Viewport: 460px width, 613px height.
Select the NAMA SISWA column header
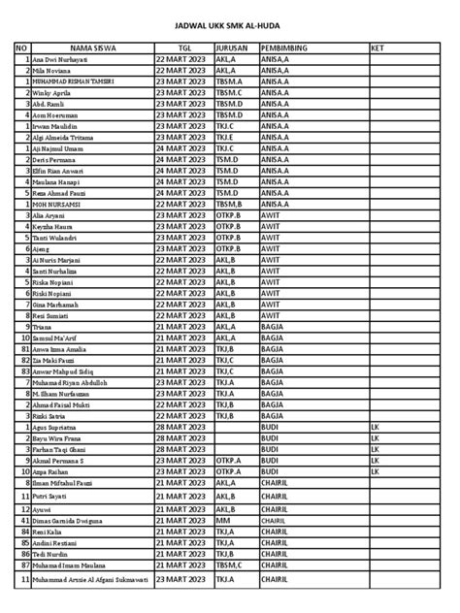pos(91,48)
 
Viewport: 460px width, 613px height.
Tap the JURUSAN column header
pos(231,48)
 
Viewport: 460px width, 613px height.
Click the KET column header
pos(378,48)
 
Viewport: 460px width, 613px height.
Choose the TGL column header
pos(183,48)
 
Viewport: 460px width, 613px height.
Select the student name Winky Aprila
pos(55,94)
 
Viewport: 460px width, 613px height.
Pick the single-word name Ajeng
pos(45,249)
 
